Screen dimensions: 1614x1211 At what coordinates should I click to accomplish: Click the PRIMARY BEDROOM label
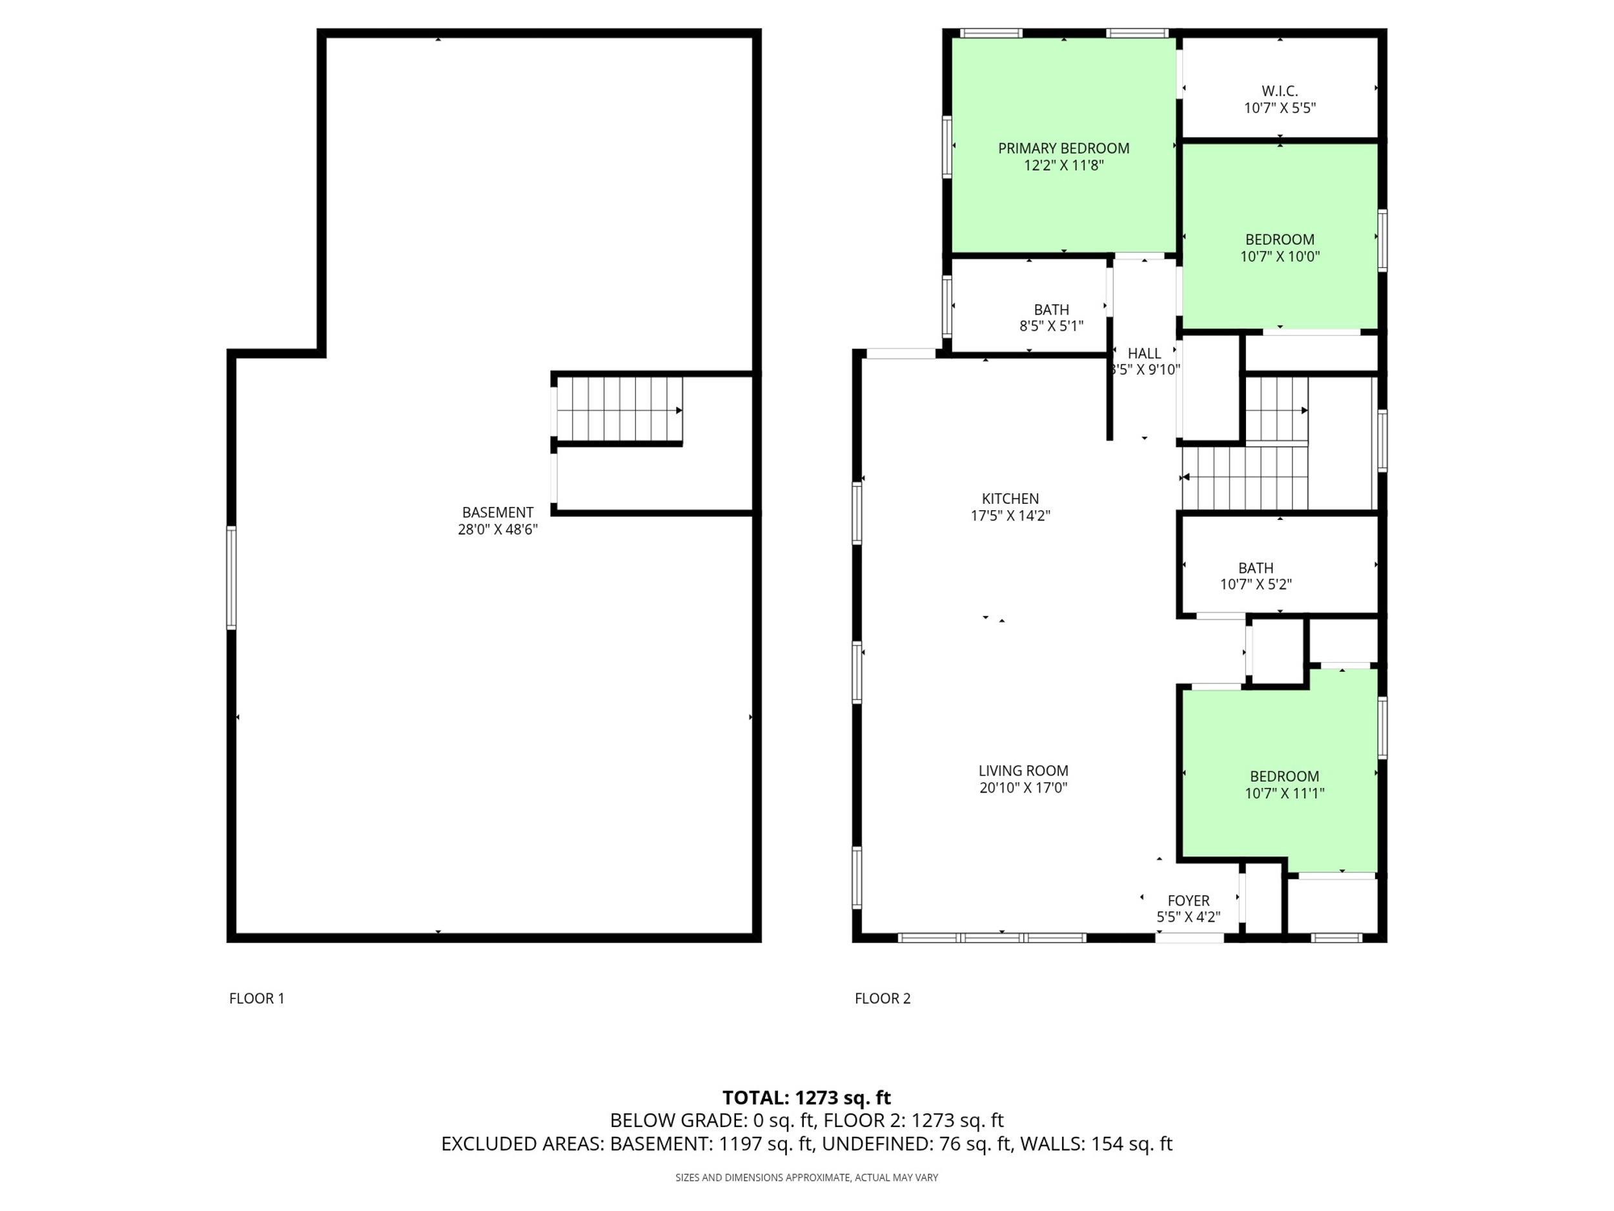(x=1063, y=148)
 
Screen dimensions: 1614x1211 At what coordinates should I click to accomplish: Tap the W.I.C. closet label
(x=1280, y=91)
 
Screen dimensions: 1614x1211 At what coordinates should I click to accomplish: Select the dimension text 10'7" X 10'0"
(x=1280, y=256)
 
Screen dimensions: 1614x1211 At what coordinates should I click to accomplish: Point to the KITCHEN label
(x=1010, y=499)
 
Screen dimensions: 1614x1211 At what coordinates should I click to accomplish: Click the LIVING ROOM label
(x=1023, y=770)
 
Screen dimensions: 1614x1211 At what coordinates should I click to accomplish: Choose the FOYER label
(x=1188, y=901)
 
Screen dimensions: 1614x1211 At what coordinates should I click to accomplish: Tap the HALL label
(x=1144, y=353)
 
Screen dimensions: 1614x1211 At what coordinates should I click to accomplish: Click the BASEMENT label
(x=498, y=512)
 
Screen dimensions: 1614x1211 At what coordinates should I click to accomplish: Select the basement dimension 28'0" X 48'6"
(x=498, y=529)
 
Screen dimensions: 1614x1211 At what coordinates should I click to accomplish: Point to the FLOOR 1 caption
(x=257, y=998)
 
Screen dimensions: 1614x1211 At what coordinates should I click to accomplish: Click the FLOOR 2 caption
(x=883, y=998)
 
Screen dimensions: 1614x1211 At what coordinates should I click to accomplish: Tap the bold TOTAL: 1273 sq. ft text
(x=806, y=1097)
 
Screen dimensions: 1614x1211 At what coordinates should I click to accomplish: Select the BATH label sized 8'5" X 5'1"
(x=1052, y=309)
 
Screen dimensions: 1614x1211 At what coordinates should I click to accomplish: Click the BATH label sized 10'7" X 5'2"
(x=1256, y=568)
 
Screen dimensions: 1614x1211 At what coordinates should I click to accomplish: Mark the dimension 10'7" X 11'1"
(x=1284, y=792)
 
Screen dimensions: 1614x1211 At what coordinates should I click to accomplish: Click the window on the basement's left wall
(x=231, y=577)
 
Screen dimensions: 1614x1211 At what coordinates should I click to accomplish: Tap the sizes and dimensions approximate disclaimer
(x=806, y=1177)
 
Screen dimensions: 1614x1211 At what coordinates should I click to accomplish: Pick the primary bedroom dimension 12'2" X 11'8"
(x=1063, y=165)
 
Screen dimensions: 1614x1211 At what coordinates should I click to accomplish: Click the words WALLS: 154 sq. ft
(x=1096, y=1143)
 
